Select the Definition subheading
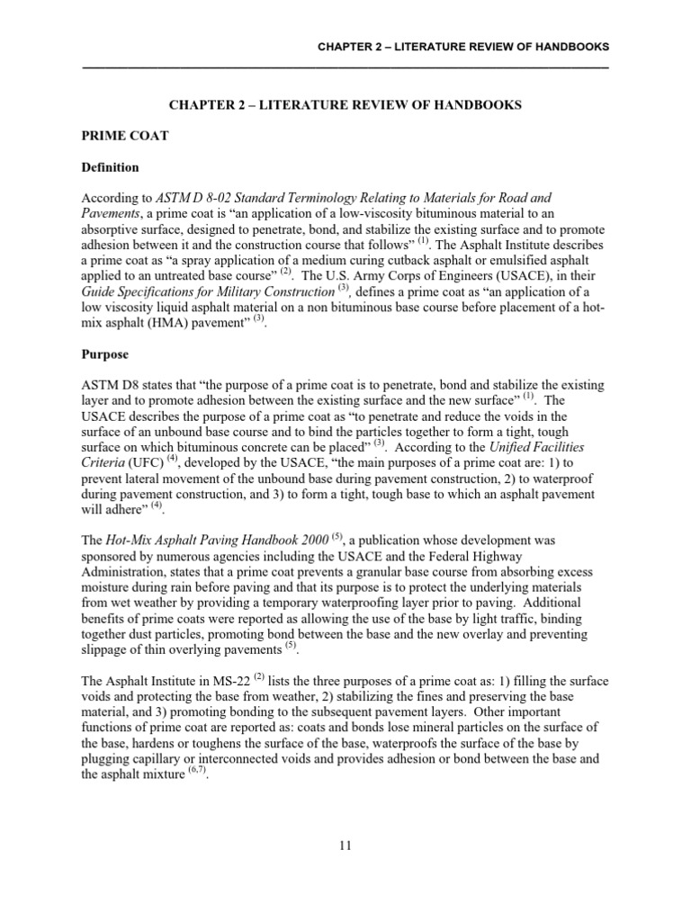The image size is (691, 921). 110,167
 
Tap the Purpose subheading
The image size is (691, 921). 104,355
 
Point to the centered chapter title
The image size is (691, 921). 345,105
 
